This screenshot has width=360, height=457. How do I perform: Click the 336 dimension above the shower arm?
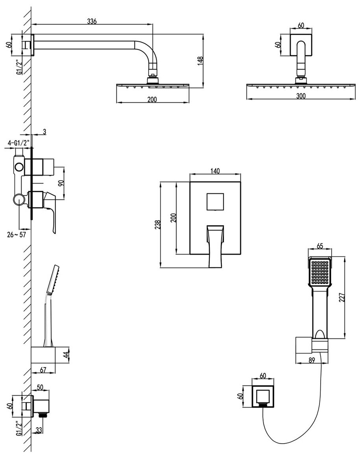tap(92, 21)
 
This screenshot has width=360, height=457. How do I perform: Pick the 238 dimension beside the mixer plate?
tap(158, 225)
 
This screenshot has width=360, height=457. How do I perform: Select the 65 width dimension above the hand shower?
tap(320, 247)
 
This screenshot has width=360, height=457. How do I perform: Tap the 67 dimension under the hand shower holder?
tap(43, 370)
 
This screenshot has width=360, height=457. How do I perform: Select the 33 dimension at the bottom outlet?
tap(39, 430)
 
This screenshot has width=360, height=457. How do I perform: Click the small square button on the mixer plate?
tap(215, 202)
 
